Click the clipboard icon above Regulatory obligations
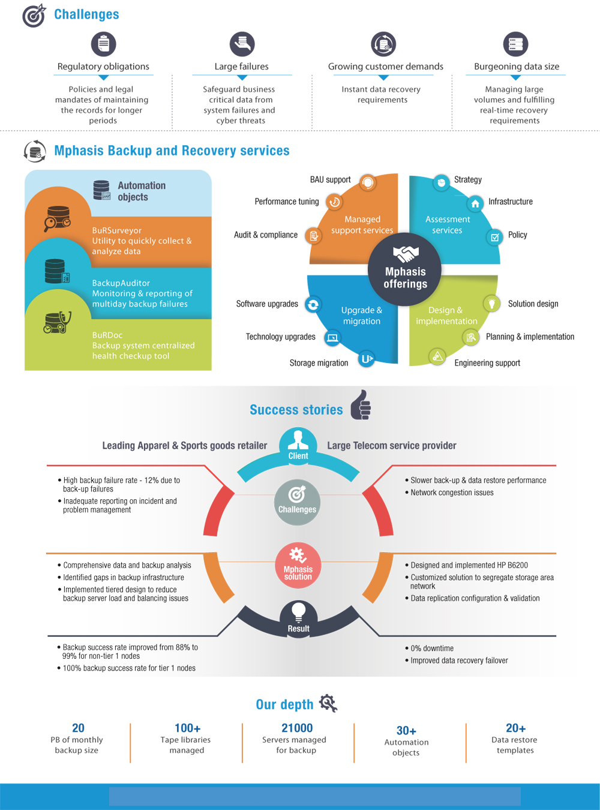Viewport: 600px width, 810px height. (103, 44)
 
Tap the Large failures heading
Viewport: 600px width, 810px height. (241, 67)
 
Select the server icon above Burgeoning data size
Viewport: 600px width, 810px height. (515, 44)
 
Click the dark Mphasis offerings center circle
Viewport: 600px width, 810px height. (404, 269)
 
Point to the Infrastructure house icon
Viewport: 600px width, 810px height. (475, 203)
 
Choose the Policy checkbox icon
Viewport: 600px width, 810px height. (495, 238)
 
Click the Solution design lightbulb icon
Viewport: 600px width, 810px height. (491, 303)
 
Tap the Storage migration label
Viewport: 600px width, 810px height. (319, 362)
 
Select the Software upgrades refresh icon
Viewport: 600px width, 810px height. (313, 305)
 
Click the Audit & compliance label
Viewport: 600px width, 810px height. (266, 235)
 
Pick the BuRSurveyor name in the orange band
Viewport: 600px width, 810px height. (117, 230)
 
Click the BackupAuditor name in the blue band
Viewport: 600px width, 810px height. (121, 283)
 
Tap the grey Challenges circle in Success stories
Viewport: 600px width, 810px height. (297, 502)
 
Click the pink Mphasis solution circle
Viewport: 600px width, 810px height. (298, 565)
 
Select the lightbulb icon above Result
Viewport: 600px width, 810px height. (298, 611)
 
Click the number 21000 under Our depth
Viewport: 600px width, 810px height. (297, 728)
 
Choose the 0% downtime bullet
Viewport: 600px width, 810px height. (430, 648)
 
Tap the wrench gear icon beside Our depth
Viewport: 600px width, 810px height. (328, 703)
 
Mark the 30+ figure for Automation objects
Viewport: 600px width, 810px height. (406, 730)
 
